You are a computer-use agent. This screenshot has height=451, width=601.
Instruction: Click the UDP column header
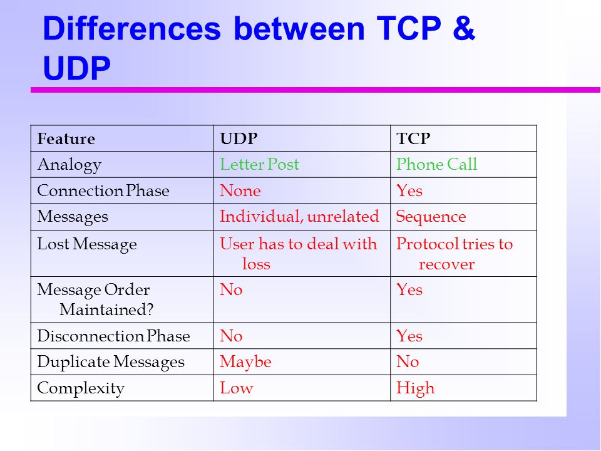coord(239,138)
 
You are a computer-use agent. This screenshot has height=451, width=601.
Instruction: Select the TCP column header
coord(413,138)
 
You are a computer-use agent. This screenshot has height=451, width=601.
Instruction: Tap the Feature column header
coord(66,138)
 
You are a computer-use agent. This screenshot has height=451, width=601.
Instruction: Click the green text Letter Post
coord(259,165)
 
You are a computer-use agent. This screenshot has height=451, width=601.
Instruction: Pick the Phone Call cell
coord(436,165)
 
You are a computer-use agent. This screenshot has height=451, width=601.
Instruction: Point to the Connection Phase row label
coord(103,190)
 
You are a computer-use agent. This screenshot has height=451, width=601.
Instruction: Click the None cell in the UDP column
coord(240,190)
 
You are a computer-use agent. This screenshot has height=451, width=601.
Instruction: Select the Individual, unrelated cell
coord(299,217)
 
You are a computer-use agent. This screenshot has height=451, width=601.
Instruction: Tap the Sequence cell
coord(431,217)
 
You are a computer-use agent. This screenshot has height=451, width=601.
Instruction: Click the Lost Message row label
coord(87,244)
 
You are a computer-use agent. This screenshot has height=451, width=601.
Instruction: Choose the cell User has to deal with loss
coord(298,253)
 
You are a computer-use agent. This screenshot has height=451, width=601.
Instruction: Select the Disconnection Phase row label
coord(113,336)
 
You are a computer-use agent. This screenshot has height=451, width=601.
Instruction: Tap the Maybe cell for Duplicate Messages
coord(245,362)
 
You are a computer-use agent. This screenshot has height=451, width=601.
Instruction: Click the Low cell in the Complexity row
coord(236,388)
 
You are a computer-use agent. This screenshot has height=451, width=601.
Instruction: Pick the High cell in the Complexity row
coord(415,388)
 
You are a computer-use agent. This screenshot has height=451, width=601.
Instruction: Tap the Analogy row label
coord(69,165)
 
